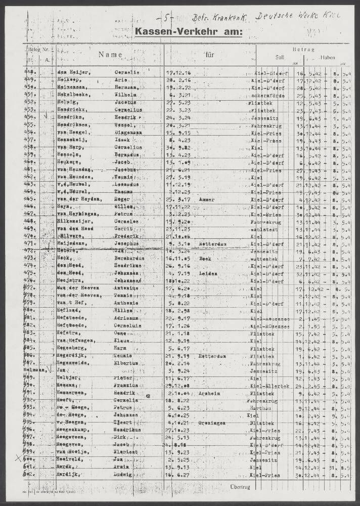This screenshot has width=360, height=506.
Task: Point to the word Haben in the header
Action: [x=327, y=57]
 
